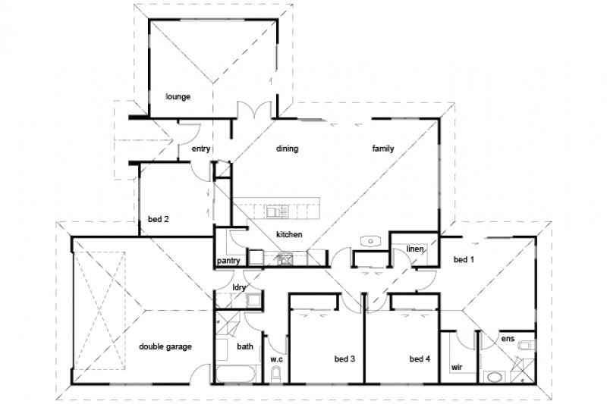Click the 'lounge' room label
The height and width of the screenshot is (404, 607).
178,97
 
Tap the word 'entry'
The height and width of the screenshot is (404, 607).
201,149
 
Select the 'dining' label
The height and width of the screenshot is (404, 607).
287,149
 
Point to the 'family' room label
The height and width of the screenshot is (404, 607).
383,149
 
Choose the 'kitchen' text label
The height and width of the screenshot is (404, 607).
290,235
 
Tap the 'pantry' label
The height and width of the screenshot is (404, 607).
228,262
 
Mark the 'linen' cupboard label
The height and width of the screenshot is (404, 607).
415,249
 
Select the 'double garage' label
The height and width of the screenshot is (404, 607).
165,346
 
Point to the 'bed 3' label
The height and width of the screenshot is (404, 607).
345,359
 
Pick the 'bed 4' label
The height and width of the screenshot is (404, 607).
420,359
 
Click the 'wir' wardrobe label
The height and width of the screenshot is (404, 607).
457,366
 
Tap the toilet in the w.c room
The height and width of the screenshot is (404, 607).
277,374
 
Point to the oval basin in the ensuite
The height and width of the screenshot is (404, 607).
494,376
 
